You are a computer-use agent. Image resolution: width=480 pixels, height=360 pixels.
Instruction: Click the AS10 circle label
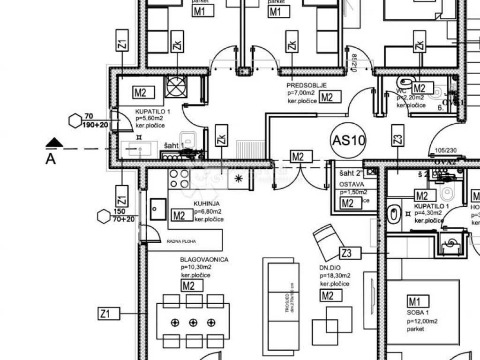348,140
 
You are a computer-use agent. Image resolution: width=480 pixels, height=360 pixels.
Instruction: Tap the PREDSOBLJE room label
307,85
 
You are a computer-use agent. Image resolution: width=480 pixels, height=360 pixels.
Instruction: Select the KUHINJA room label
206,204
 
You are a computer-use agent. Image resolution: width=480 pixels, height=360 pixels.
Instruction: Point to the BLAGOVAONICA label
204,259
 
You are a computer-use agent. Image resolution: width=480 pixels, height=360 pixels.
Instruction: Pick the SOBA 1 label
418,313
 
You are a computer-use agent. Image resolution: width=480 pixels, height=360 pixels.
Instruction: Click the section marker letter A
51,159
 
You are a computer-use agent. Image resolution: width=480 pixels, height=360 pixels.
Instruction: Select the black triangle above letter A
54,142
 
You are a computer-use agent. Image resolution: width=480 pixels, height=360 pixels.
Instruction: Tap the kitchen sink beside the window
157,209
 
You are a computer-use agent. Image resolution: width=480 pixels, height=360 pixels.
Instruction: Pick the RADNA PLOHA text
181,241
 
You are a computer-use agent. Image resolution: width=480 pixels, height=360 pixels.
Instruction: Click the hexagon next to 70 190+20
75,121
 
